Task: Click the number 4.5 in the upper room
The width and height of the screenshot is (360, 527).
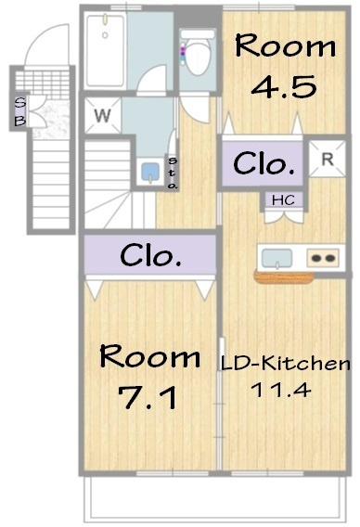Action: pos(284,86)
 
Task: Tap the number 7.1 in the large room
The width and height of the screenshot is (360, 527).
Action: pos(148,398)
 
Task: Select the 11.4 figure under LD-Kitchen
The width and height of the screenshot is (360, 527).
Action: pos(281,391)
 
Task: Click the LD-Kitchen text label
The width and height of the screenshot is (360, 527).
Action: pos(285,364)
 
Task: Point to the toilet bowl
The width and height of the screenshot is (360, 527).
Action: pos(198,54)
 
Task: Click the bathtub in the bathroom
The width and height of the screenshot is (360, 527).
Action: pos(105,50)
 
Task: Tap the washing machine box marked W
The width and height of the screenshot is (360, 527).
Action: pos(102,115)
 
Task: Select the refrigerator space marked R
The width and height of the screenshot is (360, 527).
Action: pos(327,159)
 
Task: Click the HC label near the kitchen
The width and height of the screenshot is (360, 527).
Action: pos(283,200)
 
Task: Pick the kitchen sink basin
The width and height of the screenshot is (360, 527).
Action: pos(277,259)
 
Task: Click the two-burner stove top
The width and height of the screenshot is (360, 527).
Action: pos(323,258)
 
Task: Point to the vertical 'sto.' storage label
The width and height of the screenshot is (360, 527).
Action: pos(172,173)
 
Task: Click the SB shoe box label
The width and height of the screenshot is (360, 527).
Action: pos(20,111)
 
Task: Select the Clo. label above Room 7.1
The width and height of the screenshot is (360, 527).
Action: pos(150,255)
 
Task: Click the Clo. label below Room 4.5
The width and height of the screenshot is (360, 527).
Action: pos(264,163)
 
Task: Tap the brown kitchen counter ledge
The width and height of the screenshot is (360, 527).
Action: pos(284,277)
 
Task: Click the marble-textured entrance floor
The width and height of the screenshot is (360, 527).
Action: pos(51,119)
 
